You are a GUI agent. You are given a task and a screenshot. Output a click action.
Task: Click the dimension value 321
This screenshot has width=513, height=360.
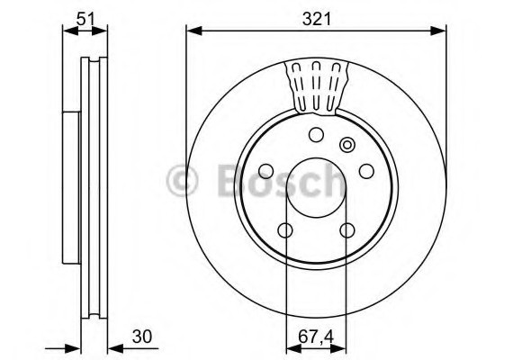(317, 19)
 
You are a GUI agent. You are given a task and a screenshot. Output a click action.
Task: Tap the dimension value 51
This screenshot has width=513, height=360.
(85, 19)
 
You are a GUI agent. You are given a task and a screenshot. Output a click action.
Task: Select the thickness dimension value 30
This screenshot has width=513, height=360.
(142, 337)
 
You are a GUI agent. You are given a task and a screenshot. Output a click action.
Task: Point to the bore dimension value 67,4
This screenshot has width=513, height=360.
(316, 337)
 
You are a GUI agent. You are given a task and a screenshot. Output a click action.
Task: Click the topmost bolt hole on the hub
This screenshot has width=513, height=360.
(317, 134)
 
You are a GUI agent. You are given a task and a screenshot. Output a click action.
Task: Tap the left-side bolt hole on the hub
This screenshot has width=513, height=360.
(266, 171)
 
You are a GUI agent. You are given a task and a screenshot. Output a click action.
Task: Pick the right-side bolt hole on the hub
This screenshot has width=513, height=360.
(366, 171)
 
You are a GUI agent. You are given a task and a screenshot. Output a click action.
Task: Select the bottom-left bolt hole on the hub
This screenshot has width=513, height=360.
(285, 230)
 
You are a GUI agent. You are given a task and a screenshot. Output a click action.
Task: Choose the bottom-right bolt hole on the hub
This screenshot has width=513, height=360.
(347, 230)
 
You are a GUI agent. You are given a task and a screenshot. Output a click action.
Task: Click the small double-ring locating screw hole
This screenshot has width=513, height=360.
(346, 144)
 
